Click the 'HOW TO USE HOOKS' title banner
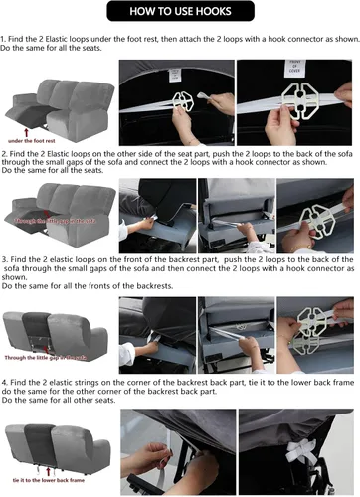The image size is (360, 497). [x=179, y=13]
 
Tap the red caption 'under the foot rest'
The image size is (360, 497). [x=47, y=142]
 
